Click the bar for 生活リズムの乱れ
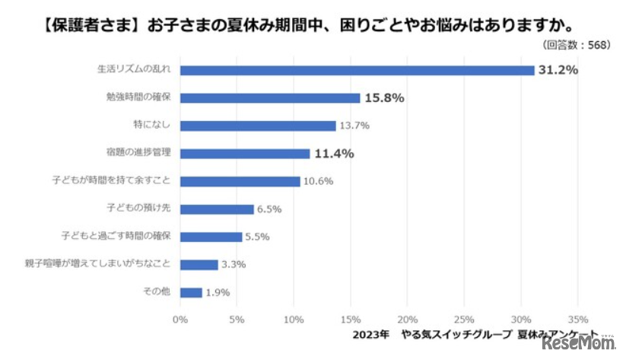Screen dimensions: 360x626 (x=357, y=70)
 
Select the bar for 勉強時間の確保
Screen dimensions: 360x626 (x=270, y=97)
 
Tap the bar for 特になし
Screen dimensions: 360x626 (x=258, y=126)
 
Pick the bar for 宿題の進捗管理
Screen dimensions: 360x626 (x=245, y=153)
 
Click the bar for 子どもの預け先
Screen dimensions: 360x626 (x=217, y=209)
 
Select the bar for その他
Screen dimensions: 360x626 (x=191, y=292)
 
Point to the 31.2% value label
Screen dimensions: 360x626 (x=559, y=70)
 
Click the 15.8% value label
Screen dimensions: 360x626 (x=384, y=97)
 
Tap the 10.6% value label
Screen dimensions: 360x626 (x=317, y=181)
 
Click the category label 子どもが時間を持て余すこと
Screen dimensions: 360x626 (x=116, y=181)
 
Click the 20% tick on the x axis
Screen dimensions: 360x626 (x=407, y=319)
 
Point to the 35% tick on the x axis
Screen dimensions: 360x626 (x=577, y=319)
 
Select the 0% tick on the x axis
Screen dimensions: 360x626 (x=180, y=319)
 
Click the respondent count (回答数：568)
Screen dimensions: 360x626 (x=578, y=45)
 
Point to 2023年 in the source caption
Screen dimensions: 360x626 (x=372, y=335)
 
